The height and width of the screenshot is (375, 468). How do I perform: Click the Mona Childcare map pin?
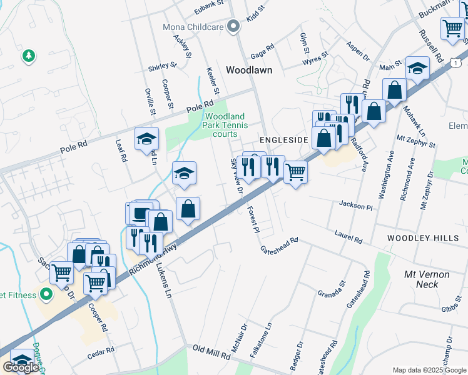pyautogui.click(x=233, y=26)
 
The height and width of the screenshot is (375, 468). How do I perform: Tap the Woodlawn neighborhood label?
pyautogui.click(x=249, y=71)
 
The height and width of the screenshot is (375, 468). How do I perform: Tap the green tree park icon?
pyautogui.click(x=28, y=57)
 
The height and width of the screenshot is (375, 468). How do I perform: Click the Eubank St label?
pyautogui.click(x=208, y=6)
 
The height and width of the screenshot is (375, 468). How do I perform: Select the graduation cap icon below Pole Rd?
pyautogui.click(x=146, y=139)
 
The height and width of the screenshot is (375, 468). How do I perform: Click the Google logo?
pyautogui.click(x=20, y=367)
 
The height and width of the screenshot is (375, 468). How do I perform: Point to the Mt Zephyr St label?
pyautogui.click(x=416, y=140)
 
